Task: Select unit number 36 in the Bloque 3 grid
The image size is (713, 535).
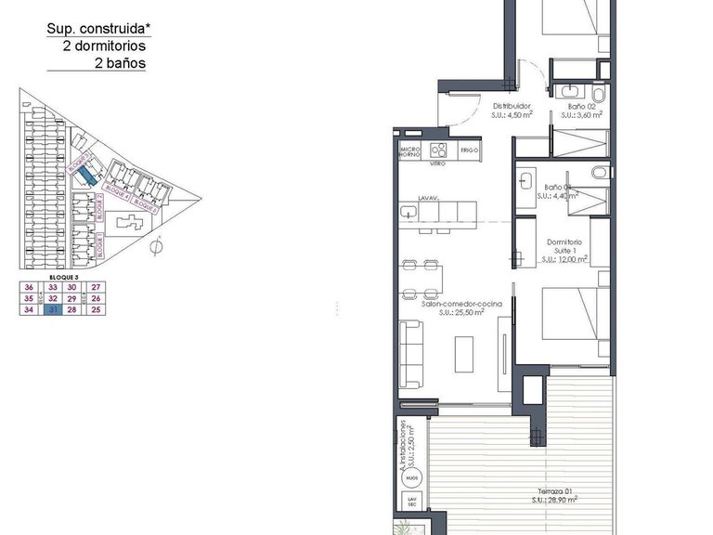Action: tap(29, 288)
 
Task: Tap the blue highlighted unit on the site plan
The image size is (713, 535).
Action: tap(85, 174)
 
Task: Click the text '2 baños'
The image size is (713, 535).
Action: tap(120, 63)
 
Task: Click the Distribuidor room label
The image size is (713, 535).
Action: tap(511, 107)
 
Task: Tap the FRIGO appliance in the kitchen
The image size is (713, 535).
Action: tap(469, 150)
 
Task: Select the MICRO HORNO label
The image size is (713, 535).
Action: tap(410, 150)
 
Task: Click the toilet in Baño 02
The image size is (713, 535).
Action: tap(598, 96)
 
